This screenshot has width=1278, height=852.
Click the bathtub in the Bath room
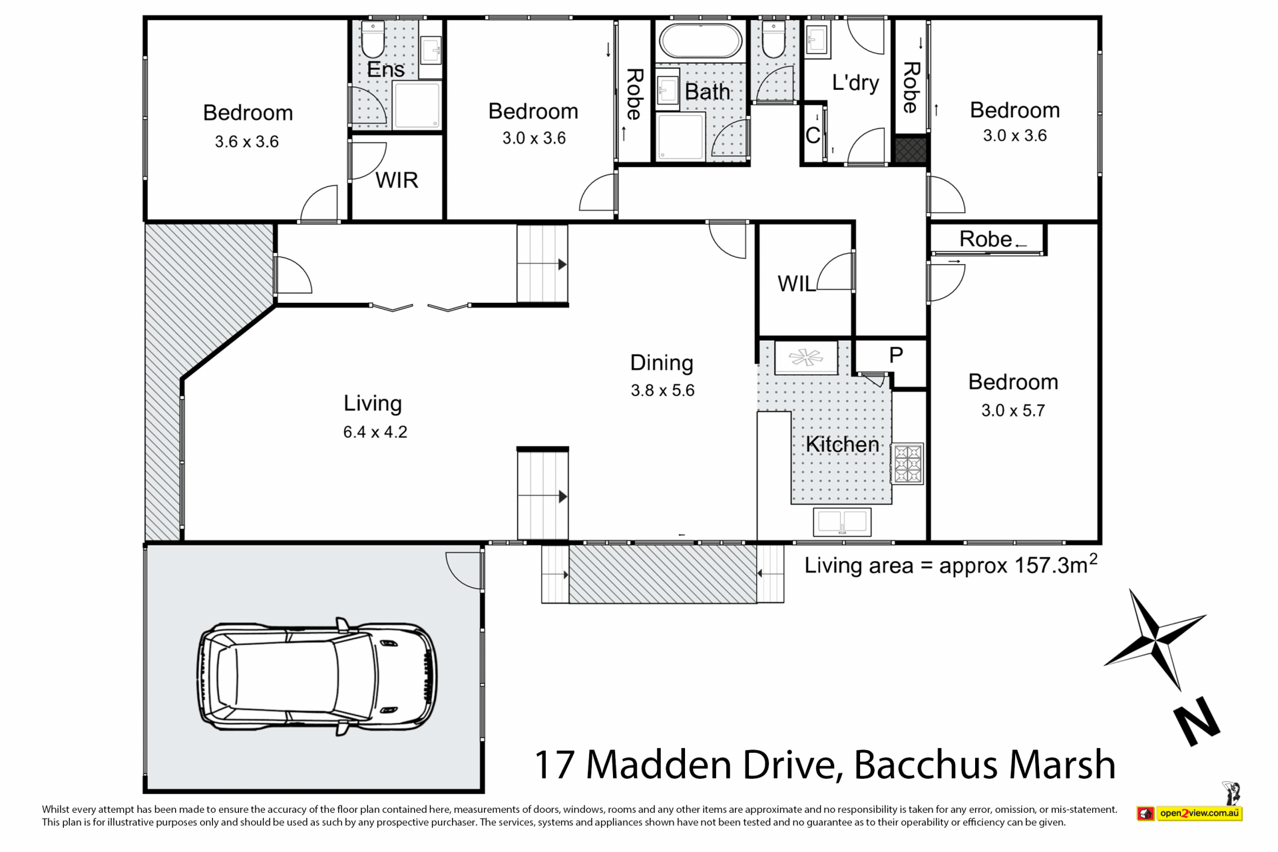(700, 41)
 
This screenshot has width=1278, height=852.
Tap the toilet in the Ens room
(373, 40)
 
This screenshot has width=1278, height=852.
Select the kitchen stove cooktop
(907, 463)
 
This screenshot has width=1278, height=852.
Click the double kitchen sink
(842, 522)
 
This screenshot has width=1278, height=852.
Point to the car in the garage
(317, 676)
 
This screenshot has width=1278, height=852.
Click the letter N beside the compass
(1196, 722)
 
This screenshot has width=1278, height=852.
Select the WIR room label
(397, 180)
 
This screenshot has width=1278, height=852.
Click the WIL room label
(796, 284)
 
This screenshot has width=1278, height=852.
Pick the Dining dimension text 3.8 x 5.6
(662, 390)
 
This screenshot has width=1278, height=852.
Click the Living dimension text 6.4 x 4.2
(375, 432)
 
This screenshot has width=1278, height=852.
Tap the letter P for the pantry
(896, 355)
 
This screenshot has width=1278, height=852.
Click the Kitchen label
(843, 444)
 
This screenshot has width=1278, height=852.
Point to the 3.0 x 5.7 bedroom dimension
(1013, 411)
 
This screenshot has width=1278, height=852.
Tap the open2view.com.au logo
(1199, 813)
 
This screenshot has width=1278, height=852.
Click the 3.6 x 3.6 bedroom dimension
(247, 142)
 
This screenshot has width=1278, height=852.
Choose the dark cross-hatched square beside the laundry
(911, 150)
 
